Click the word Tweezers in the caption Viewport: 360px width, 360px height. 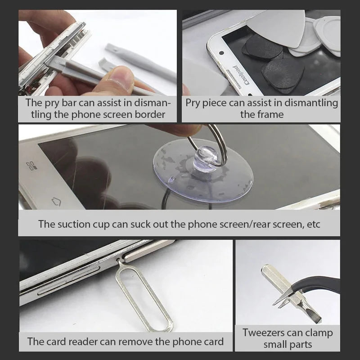(262, 333)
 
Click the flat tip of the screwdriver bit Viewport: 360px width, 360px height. (316, 319)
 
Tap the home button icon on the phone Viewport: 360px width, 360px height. (56, 201)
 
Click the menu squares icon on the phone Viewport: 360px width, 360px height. (31, 166)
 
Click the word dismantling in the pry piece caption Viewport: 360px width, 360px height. (311, 103)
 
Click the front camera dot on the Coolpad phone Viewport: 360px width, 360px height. (221, 53)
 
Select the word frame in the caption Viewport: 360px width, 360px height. (272, 115)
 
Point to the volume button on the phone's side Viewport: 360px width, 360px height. (69, 280)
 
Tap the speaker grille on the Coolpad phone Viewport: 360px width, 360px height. (234, 79)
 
